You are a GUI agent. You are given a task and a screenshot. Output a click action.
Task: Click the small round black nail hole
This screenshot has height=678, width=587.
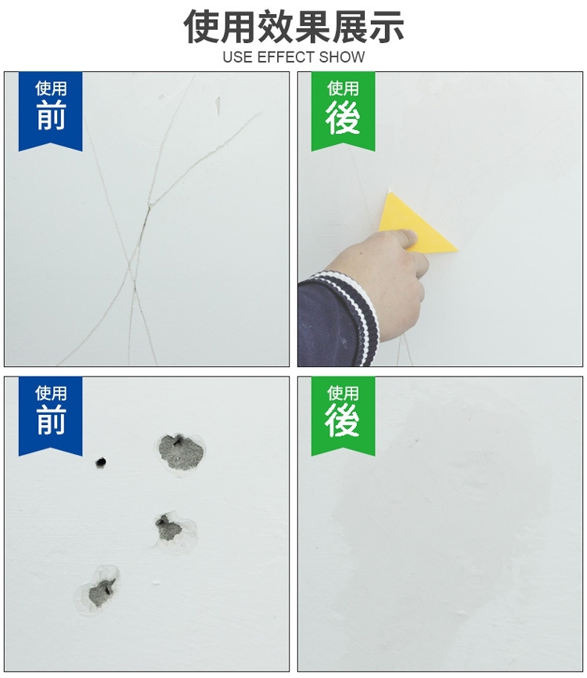101,462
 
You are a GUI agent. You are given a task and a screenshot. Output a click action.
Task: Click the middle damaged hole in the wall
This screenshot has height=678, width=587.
167,528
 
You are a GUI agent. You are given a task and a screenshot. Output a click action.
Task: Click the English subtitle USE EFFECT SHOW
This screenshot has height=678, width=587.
293,57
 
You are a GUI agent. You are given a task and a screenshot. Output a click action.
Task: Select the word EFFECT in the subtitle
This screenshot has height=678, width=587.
286,57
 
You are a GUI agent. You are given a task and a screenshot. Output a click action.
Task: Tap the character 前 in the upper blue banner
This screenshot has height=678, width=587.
51,115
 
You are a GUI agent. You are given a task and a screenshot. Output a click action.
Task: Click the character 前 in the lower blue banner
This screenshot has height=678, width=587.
51,420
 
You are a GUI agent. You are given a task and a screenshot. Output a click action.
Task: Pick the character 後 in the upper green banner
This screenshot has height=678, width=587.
342,117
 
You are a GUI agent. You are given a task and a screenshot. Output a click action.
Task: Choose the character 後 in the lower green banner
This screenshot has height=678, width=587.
342,420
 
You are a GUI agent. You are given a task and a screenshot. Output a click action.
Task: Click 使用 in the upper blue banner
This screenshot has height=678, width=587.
51,88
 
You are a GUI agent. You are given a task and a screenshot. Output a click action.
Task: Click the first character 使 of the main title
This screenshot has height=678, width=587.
202,27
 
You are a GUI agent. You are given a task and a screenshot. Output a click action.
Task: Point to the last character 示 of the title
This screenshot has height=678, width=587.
386,27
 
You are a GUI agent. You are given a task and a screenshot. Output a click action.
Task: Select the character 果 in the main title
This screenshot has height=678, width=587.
312,27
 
